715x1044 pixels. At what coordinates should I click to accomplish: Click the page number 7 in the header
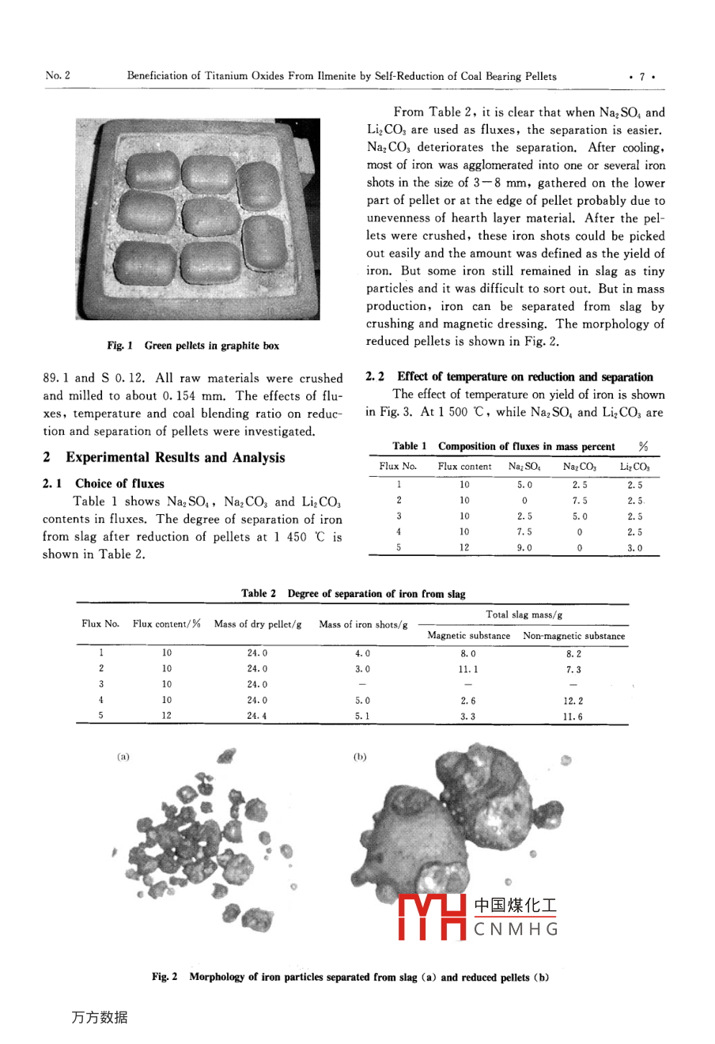pos(642,77)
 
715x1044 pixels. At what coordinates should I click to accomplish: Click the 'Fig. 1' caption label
pos(120,346)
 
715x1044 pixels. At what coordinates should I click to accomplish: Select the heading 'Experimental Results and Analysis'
pos(175,457)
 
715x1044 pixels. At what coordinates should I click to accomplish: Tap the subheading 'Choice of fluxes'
pos(119,483)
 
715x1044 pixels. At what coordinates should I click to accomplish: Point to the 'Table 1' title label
pos(410,447)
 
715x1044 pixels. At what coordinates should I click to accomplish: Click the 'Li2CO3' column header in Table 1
pos(634,467)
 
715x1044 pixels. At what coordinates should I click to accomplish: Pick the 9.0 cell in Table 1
pos(524,547)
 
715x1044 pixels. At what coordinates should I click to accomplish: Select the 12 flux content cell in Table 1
pos(464,547)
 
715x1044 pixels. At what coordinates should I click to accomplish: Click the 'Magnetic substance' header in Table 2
pos(469,635)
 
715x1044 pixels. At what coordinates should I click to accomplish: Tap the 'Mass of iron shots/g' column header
pos(363,625)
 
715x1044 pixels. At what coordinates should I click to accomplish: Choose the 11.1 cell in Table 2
pos(468,669)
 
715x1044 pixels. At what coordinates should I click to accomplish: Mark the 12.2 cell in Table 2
pos(573,701)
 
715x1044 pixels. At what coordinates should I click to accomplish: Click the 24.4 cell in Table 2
pos(257,717)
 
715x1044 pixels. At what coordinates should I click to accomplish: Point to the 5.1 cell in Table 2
pos(362,717)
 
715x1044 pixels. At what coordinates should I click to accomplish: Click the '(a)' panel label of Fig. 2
pos(123,757)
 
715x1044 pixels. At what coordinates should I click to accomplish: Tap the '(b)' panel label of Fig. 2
pos(360,757)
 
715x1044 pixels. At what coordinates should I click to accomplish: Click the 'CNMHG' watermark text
pos(516,930)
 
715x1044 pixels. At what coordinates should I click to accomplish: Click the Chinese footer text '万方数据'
pos(99,1018)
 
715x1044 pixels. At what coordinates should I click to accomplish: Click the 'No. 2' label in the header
pos(58,76)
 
